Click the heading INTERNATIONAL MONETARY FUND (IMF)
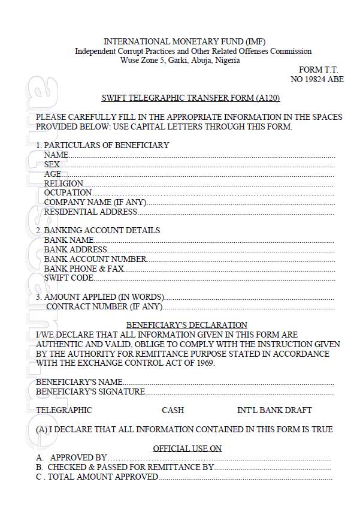(x=184, y=41)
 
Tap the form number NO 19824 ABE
(x=317, y=79)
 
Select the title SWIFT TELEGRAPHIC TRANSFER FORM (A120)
(x=191, y=98)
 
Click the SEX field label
(x=52, y=164)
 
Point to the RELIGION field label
(x=63, y=183)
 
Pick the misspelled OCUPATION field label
(x=68, y=192)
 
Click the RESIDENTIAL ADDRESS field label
(x=90, y=212)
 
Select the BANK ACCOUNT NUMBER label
(x=95, y=259)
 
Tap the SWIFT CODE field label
(x=69, y=278)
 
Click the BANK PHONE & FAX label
(x=84, y=269)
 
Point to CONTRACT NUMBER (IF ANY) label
(x=104, y=306)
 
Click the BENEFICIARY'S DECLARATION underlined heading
(x=186, y=325)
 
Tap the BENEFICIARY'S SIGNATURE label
(x=90, y=391)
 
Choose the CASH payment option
(x=173, y=410)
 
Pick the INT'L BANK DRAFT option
(x=274, y=410)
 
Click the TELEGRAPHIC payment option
(x=64, y=410)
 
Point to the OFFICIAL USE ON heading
(x=187, y=448)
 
